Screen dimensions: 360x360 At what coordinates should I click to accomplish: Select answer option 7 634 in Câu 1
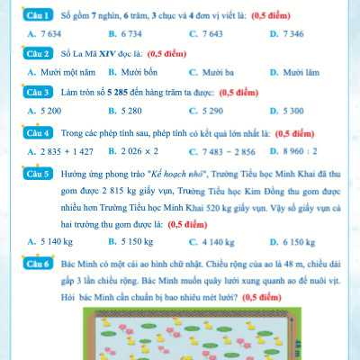[x=49, y=34]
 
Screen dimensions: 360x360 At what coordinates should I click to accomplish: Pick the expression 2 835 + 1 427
[x=67, y=151]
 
